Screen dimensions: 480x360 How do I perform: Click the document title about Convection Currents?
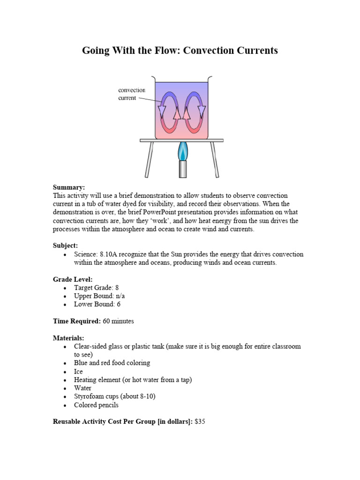(180, 51)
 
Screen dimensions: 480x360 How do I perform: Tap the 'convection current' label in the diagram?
(132, 94)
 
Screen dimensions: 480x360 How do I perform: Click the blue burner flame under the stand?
(182, 153)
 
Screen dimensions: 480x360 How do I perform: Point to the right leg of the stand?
(214, 159)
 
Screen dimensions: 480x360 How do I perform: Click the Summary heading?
(69, 187)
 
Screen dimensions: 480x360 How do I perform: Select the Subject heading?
(66, 245)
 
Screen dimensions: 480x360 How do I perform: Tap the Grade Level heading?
(73, 279)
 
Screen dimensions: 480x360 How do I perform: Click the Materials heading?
(68, 337)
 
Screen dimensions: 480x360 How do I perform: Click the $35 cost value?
(200, 422)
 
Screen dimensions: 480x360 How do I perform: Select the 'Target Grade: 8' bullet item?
(99, 287)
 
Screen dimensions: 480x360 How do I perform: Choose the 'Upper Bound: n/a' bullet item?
(99, 296)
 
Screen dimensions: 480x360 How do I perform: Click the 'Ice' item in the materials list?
(78, 371)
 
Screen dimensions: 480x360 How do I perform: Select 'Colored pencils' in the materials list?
(96, 405)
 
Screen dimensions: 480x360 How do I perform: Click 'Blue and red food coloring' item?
(112, 363)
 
